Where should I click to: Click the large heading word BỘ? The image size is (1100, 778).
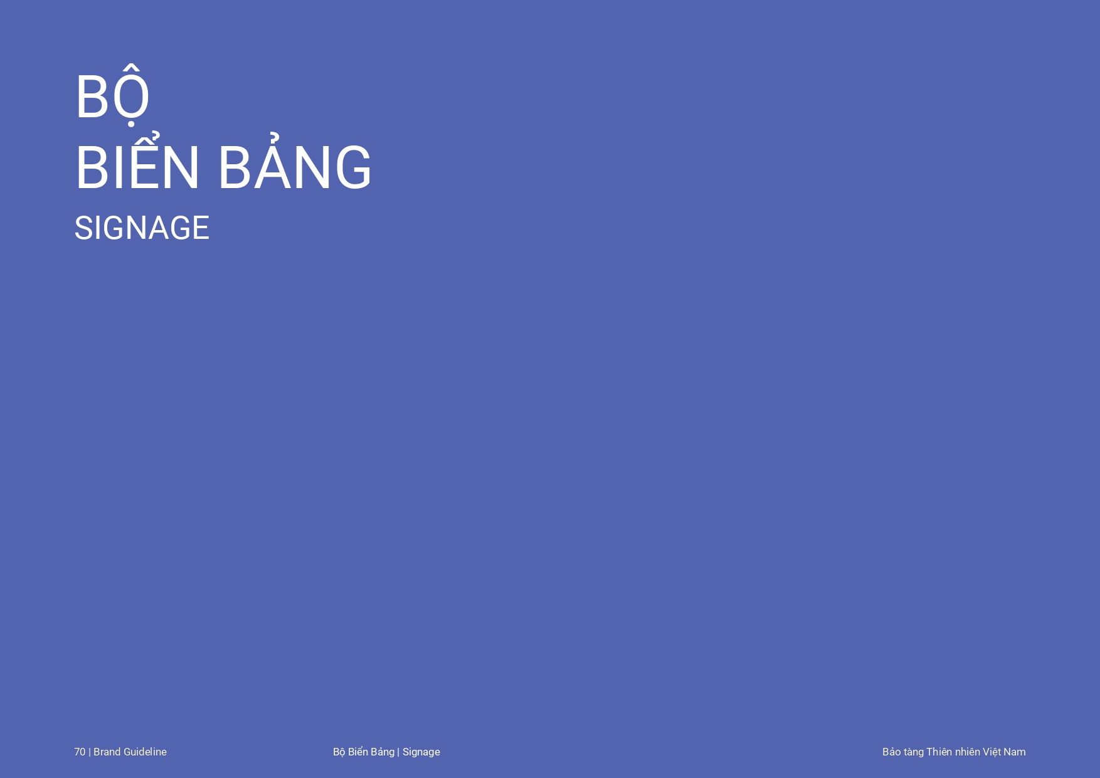[x=112, y=95]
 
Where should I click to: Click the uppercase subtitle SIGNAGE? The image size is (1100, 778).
[x=142, y=228]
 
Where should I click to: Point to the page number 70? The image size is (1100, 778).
[x=80, y=752]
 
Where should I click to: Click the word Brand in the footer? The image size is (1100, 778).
[x=107, y=752]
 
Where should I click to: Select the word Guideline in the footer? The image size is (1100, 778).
[x=145, y=752]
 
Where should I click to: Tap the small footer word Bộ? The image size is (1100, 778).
[x=339, y=752]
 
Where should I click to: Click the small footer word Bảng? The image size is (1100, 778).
[x=383, y=752]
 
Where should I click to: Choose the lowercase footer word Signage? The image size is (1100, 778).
[x=421, y=752]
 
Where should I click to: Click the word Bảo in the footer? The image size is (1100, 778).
[x=892, y=751]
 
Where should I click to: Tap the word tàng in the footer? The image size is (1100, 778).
[x=914, y=752]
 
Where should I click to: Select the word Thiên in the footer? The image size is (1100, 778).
[x=939, y=751]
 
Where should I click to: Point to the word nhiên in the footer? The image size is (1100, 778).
[x=968, y=751]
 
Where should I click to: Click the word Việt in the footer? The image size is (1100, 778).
[x=992, y=752]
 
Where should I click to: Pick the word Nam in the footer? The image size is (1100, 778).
[x=1015, y=752]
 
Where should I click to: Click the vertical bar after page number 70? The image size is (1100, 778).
[x=90, y=752]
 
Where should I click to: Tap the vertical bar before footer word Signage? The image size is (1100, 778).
[x=398, y=752]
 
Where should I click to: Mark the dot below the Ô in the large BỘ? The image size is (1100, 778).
[x=130, y=124]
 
